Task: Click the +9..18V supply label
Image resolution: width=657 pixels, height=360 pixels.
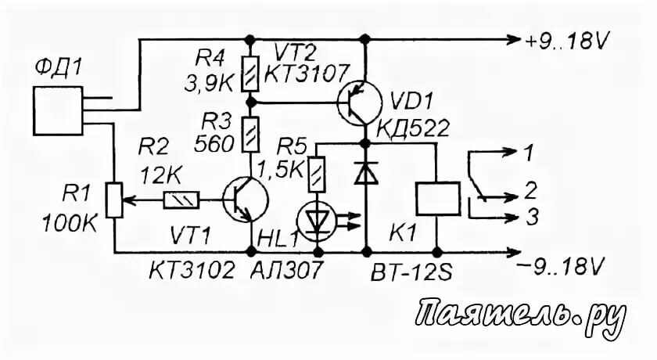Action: (568, 38)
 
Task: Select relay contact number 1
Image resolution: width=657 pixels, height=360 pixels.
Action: (530, 153)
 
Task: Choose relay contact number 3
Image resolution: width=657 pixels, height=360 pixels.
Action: (531, 219)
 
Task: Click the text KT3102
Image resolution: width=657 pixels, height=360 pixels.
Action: (192, 271)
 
